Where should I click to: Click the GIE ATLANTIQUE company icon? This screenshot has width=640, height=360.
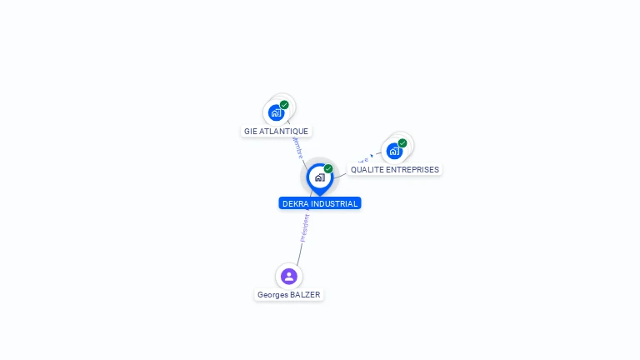coord(276,112)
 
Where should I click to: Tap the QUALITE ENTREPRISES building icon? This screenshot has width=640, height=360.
coord(394,151)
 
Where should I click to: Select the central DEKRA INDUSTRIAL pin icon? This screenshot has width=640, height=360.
coord(319,177)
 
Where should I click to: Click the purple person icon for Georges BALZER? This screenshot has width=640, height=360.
coord(289,276)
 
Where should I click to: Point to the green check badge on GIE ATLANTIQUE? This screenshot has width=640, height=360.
coord(284,105)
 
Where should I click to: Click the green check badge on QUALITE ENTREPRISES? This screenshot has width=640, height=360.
coord(402,143)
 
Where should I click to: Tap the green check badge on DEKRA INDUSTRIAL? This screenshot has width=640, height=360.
coord(328,168)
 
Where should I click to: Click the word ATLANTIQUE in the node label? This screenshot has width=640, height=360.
coord(284,132)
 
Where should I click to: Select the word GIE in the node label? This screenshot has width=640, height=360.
coord(251,132)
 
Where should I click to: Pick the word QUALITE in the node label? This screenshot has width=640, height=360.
coord(366,170)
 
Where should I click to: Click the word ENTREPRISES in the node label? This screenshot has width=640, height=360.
coord(411,170)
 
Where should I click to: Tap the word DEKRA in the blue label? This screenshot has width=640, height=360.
coord(296,203)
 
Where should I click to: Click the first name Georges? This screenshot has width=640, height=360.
coord(272,295)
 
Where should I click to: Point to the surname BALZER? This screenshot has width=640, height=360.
coord(305,295)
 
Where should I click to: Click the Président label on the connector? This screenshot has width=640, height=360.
coord(304,227)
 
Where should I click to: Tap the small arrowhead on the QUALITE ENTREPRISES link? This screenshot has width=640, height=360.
coord(372,155)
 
